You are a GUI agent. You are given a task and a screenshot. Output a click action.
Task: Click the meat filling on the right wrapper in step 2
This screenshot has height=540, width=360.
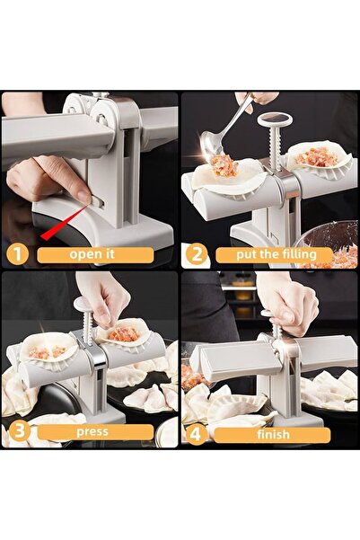point(316,157)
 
